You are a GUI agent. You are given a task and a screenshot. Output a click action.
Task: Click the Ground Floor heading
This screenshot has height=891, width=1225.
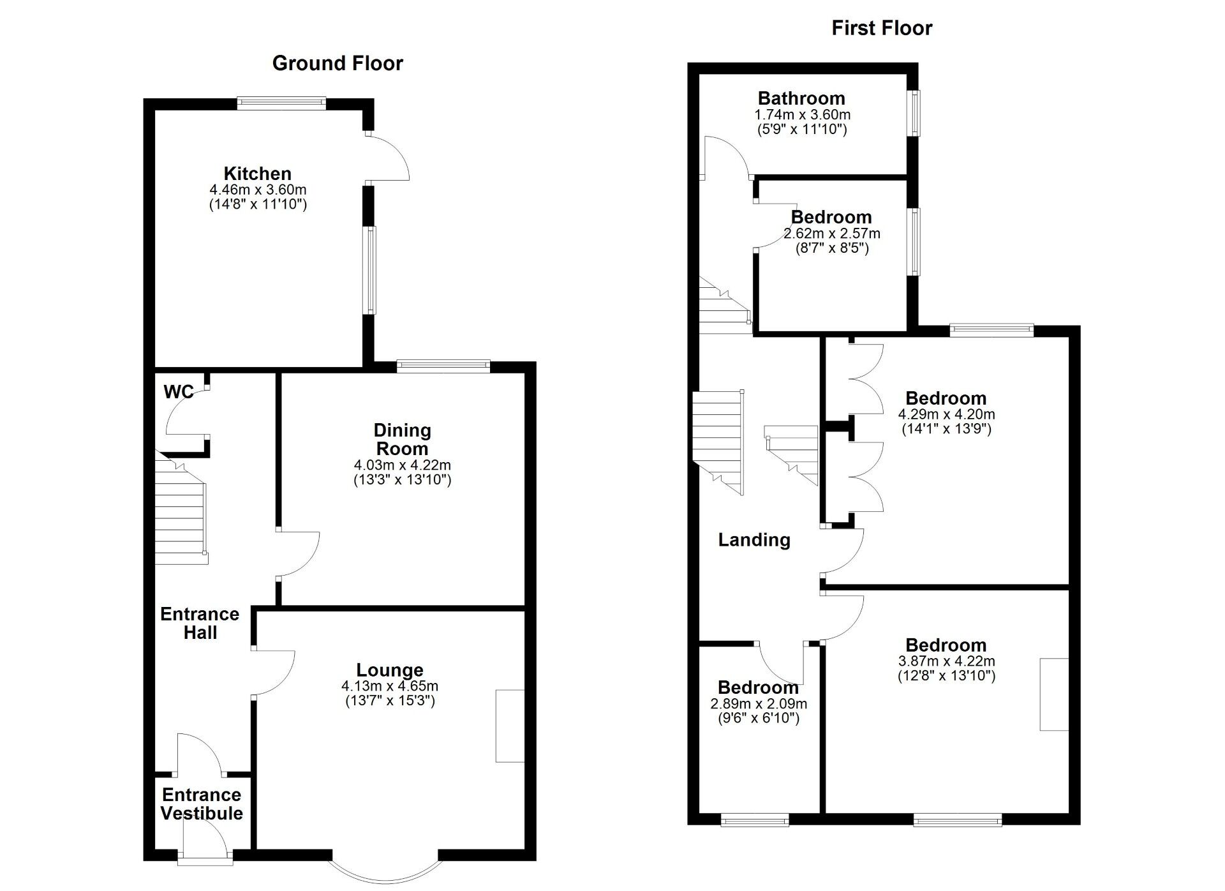coord(337,63)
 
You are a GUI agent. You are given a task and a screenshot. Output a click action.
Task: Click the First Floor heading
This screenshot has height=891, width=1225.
coord(881,28)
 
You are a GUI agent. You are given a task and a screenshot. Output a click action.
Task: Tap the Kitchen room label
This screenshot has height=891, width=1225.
coord(257,174)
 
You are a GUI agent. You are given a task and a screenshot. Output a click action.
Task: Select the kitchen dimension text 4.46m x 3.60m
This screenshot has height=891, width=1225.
coord(258,190)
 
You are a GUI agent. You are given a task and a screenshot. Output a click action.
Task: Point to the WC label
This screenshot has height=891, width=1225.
coord(178,392)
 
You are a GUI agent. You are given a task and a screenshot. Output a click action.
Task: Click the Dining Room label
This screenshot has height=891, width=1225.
coord(402,439)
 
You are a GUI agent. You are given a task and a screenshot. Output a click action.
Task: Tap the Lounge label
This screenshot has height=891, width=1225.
coord(389,670)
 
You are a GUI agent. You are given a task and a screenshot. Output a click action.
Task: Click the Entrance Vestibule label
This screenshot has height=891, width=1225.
coord(202,804)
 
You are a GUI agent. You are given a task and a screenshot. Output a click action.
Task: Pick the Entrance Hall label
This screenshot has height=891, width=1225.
coord(200,623)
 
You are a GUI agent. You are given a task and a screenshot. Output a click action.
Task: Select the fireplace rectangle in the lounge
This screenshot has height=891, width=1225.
coord(510,726)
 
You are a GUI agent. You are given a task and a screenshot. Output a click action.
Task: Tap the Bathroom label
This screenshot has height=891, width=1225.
coord(801,98)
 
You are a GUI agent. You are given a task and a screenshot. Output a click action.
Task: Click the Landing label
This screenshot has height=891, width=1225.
coord(754,540)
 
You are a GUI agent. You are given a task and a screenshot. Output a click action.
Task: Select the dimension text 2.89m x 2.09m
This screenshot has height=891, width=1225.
coord(758,704)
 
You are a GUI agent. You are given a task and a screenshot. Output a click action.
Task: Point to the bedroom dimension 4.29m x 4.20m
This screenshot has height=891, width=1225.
coord(946,414)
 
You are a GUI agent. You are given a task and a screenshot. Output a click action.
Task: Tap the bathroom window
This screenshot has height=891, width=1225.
coord(916,113)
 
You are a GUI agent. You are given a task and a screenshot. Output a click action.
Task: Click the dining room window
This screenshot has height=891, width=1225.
coord(443,366)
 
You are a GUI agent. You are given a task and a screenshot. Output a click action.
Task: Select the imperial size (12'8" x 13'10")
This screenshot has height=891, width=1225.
coord(946,676)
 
